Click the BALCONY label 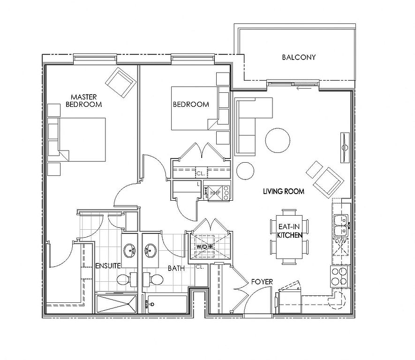pos(299,58)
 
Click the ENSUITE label pos(108,266)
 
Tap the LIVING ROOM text pos(283,191)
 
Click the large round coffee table pos(277,139)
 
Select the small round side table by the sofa pos(245,171)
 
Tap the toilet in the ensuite pos(123,280)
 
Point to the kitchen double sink pos(341,225)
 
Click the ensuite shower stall pos(116,304)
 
